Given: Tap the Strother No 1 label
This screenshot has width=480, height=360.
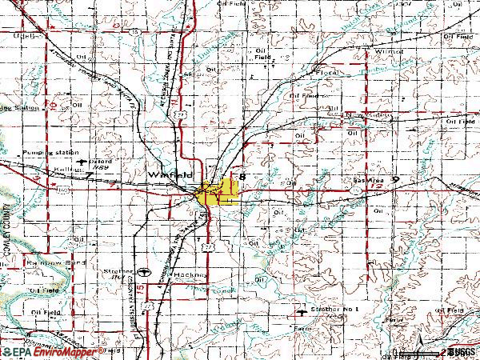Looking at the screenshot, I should point(335,308).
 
